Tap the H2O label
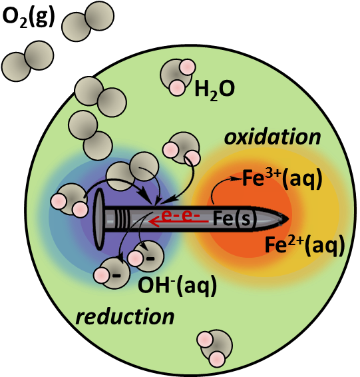pos(214,89)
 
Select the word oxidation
pos(272,137)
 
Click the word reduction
pos(125,316)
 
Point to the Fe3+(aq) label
pos(281,179)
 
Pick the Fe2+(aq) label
pos(305,245)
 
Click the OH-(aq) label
pos(177,286)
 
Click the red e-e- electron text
pos(180,215)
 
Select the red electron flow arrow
pos(179,221)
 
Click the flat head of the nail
pos(98,218)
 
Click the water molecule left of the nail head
pos(70,200)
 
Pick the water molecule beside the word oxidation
pos(182,149)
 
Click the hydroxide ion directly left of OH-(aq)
pos(112,273)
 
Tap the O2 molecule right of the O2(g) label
pos(88,21)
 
